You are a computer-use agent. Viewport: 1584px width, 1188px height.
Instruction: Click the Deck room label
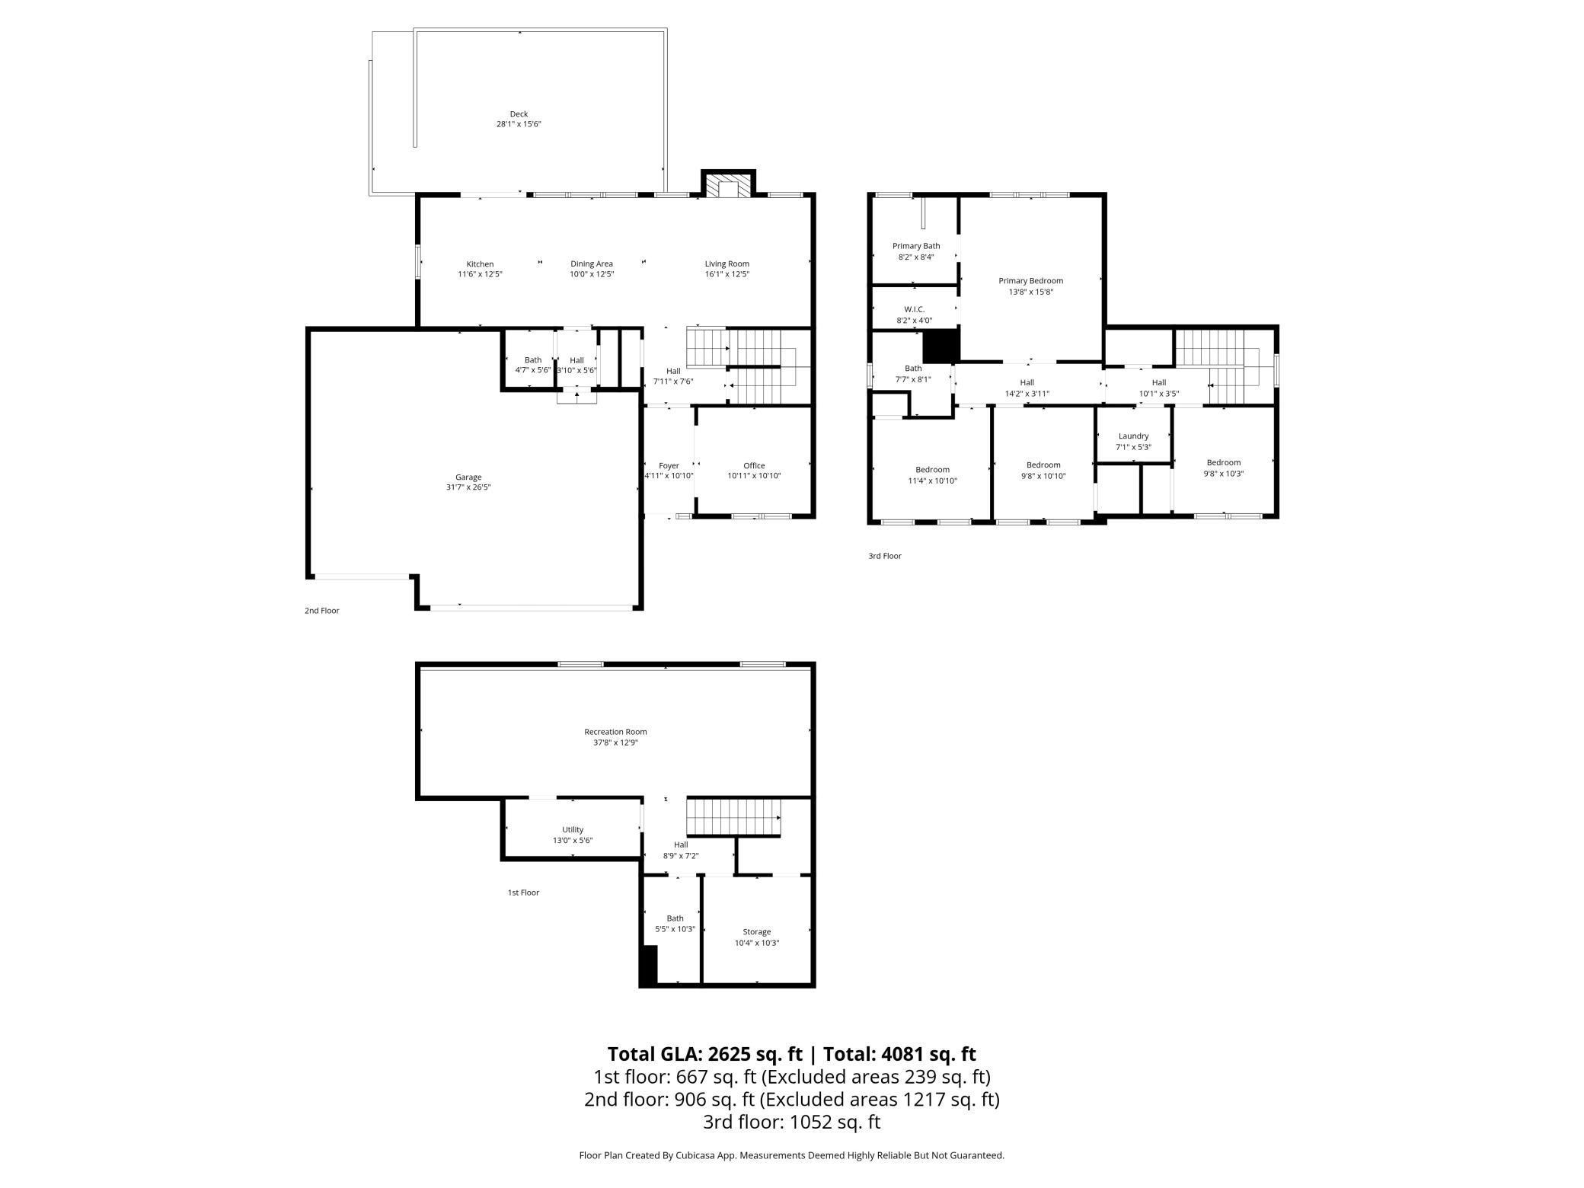pos(519,114)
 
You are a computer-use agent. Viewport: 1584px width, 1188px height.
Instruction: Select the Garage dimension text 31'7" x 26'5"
pos(468,487)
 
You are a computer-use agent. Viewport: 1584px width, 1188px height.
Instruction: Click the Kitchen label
pos(480,264)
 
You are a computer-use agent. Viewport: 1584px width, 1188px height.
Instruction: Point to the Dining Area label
pos(592,264)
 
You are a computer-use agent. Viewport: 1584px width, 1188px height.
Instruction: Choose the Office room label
pos(754,465)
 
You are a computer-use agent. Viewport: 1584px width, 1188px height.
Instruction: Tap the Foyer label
pos(669,465)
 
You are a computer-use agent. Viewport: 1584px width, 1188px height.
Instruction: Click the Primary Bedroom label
pos(1030,281)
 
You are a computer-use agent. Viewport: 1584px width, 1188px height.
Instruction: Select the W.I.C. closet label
pos(914,309)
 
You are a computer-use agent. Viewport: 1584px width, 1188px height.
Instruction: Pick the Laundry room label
pos(1133,436)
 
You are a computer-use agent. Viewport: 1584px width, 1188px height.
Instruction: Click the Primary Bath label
pos(916,246)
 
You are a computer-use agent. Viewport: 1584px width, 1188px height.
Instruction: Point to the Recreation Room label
pos(615,732)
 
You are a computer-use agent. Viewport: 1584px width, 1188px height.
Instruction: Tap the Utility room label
pos(573,830)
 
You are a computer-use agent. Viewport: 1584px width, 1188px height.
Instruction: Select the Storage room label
pos(757,932)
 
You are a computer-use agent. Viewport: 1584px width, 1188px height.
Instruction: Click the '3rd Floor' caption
pos(885,556)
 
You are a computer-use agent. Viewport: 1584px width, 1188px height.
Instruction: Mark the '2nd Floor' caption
pos(322,611)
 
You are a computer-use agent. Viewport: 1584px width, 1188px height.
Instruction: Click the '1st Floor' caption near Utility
pos(523,893)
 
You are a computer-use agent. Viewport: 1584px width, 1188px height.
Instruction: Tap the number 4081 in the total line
pos(903,1054)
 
